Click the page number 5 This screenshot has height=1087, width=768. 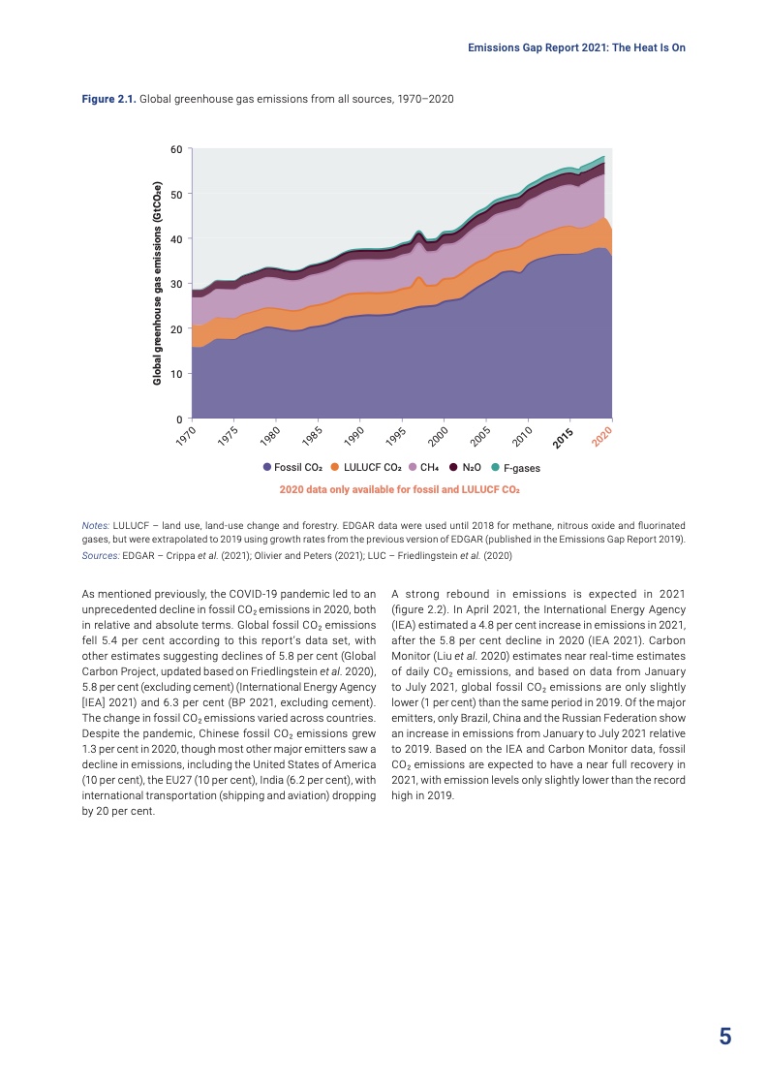724,1037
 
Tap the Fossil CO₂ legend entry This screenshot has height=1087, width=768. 292,468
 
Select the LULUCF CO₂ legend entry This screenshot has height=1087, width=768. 366,468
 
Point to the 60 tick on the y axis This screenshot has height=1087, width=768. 176,149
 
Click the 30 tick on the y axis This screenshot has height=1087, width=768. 176,284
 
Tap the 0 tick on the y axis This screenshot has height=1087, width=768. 179,419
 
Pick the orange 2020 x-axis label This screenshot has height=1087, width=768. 602,436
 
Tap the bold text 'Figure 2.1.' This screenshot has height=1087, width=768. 109,100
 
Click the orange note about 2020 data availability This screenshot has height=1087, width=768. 399,490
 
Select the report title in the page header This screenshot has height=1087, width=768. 576,47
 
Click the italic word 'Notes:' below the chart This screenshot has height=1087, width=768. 96,525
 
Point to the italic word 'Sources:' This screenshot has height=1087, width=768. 101,555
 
